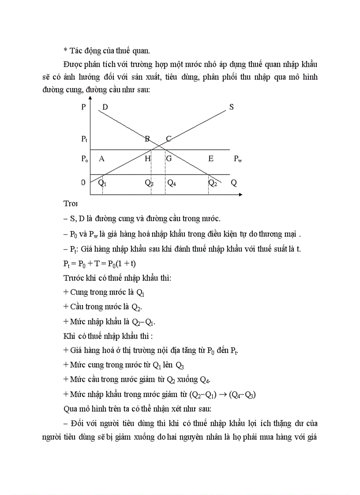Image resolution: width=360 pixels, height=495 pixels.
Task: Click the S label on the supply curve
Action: tap(231, 107)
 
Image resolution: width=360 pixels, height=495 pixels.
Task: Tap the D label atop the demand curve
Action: tap(105, 107)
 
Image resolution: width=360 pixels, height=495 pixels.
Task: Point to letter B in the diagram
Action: tap(148, 139)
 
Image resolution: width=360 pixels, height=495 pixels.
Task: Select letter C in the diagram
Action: tap(169, 139)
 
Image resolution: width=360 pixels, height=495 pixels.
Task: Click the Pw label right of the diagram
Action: tap(238, 159)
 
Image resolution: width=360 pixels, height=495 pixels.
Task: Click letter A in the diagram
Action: tap(101, 159)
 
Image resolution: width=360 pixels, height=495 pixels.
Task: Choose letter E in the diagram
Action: tap(211, 159)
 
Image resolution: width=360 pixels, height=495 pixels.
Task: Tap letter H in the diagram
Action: tap(148, 159)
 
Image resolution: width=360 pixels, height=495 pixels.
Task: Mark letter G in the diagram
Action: tap(169, 159)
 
